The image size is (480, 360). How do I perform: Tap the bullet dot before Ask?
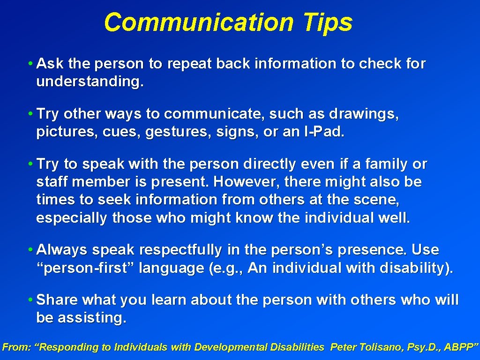click(x=30, y=63)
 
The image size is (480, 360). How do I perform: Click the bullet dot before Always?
click(x=30, y=250)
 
